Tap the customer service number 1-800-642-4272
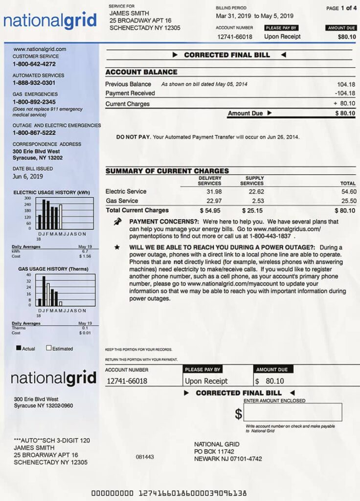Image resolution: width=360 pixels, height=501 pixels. tap(34, 64)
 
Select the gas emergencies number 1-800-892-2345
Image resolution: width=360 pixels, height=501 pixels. tap(34, 102)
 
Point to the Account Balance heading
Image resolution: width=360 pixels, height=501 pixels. tap(141, 72)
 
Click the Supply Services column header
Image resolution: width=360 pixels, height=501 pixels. tap(252, 181)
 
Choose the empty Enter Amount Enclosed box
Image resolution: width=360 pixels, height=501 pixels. tap(293, 412)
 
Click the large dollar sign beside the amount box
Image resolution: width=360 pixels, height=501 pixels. tap(238, 414)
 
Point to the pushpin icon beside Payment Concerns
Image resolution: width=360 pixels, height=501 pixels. tap(117, 222)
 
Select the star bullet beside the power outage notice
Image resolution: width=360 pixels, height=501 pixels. tap(117, 248)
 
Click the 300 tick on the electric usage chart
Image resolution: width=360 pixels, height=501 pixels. tap(28, 198)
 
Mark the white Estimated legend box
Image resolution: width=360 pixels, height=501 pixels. tap(49, 348)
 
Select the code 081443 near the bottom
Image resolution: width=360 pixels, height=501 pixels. tap(145, 456)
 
